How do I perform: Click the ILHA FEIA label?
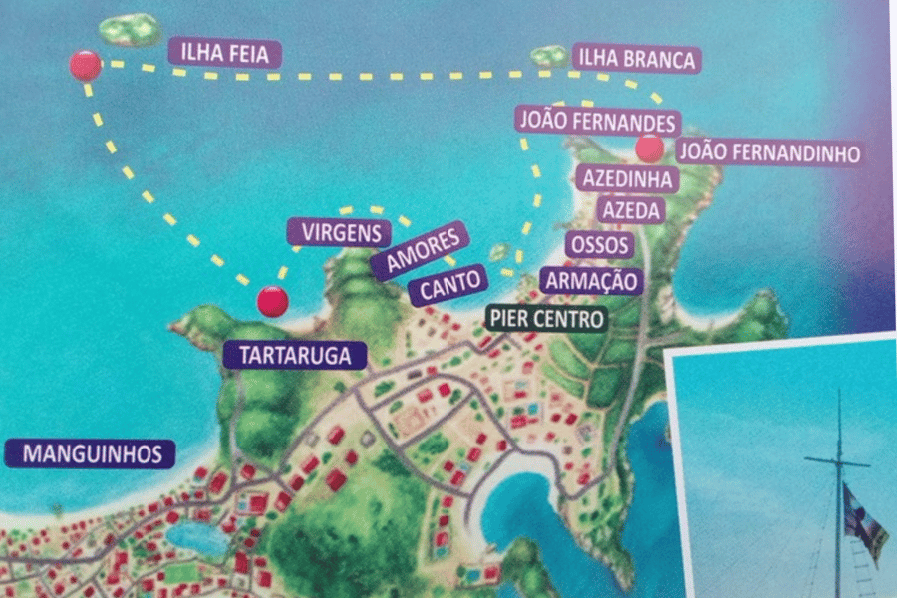pos(225,53)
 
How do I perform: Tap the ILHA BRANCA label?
pos(635,59)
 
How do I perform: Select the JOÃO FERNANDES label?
pos(598,121)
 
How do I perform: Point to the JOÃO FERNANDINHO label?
pos(767,152)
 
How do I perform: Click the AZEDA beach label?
pos(631,210)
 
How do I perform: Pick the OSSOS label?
pos(598,244)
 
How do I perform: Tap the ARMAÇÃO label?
pos(591,280)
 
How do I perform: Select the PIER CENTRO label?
pos(546,319)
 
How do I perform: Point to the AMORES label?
pos(419,251)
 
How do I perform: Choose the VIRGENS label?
pos(339,233)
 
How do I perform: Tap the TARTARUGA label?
pos(288,355)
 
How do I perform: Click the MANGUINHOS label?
pos(91,454)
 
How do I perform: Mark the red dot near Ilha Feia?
pos(86,66)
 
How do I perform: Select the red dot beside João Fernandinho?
pos(649,149)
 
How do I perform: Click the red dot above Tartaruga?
pos(272,300)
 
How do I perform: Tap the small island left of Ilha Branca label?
pos(548,56)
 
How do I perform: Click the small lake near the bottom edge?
pos(197,538)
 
